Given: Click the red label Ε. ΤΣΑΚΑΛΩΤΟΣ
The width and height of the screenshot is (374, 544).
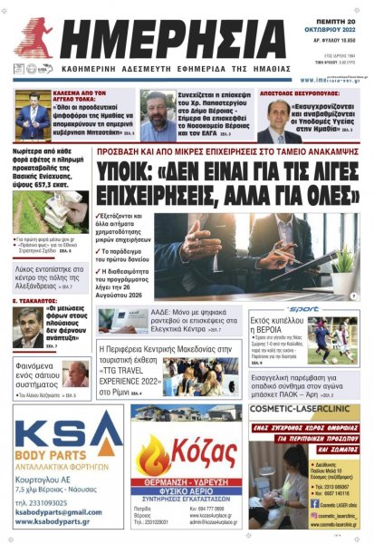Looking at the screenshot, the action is click(38, 304).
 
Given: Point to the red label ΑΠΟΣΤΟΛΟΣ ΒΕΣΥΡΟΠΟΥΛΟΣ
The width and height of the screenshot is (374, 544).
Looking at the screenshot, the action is click(305, 92).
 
